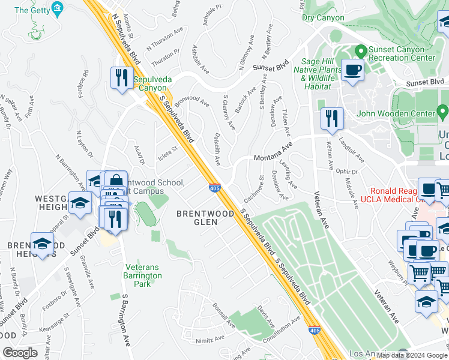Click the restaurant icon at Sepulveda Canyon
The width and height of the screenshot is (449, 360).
pos(122,78)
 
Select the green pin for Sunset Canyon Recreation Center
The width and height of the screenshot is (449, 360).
pos(361,51)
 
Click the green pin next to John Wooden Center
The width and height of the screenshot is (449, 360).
pos(442,112)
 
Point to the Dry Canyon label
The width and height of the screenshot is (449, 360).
pos(323,18)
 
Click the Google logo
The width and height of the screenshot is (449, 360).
pos(20,353)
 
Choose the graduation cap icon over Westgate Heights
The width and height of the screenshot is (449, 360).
pos(80,203)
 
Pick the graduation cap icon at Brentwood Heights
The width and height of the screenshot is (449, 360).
pos(43,244)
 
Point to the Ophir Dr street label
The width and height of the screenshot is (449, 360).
pos(346,172)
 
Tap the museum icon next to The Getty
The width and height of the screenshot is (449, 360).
pos(57,9)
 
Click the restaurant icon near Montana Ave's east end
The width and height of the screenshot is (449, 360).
pos(331,119)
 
